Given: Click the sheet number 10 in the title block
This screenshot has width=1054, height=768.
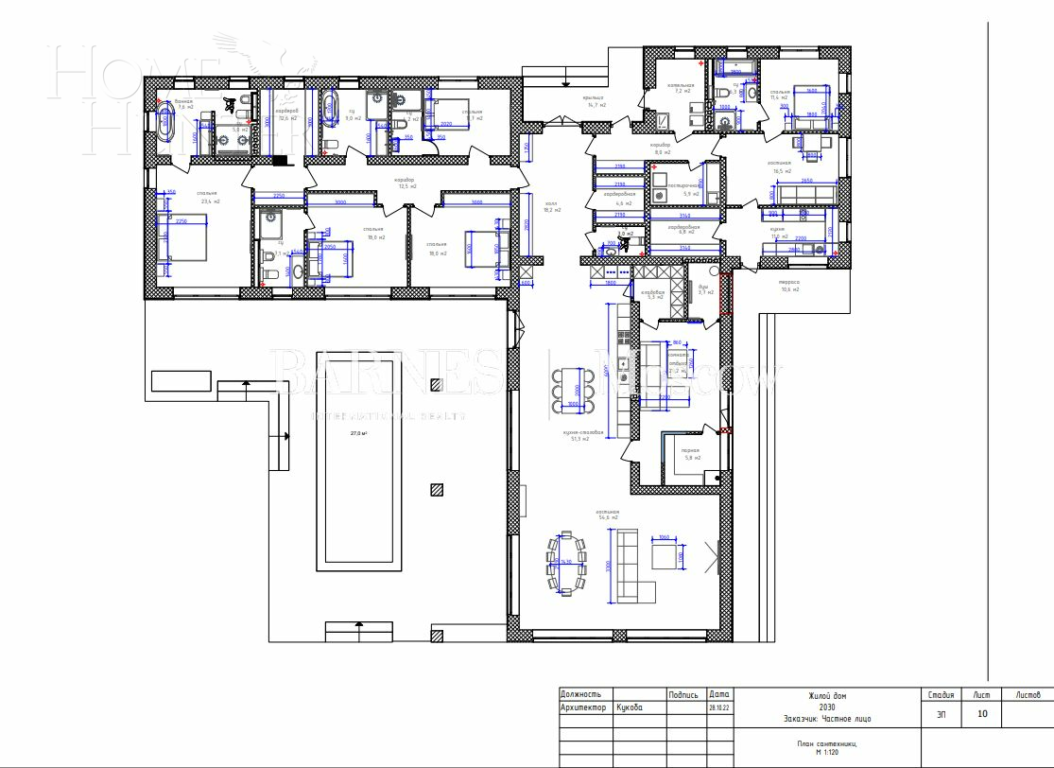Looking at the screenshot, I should pyautogui.click(x=983, y=714).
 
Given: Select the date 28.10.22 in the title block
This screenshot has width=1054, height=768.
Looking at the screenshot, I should pyautogui.click(x=718, y=707).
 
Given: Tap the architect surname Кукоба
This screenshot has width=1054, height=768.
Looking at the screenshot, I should pyautogui.click(x=630, y=707).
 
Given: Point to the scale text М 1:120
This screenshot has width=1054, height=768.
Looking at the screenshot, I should pyautogui.click(x=821, y=750).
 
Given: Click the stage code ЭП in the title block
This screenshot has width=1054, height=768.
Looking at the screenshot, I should pyautogui.click(x=941, y=714).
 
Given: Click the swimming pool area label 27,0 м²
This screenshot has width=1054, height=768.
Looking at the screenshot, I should pyautogui.click(x=358, y=434).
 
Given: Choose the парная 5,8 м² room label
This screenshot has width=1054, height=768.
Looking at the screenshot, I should pyautogui.click(x=690, y=454).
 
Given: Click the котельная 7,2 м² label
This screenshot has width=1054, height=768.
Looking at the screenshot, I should pyautogui.click(x=681, y=88).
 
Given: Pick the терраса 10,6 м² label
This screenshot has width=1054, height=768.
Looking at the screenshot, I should pyautogui.click(x=789, y=285).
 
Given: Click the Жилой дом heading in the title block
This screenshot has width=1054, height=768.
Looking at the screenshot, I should pyautogui.click(x=821, y=695).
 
